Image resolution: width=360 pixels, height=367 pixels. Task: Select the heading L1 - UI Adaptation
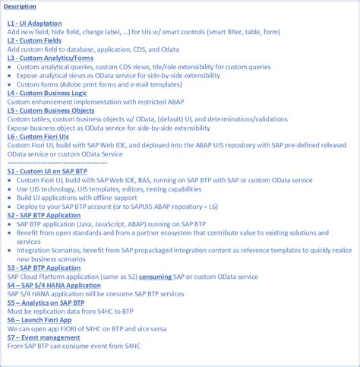pos(34,24)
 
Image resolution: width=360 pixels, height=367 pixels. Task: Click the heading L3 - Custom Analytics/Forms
pos(49,58)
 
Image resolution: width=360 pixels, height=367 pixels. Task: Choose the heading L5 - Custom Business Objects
pos(50,110)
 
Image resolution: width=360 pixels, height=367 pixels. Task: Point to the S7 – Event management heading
pos(43,337)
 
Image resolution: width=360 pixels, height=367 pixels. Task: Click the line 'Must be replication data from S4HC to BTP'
pos(82,311)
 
